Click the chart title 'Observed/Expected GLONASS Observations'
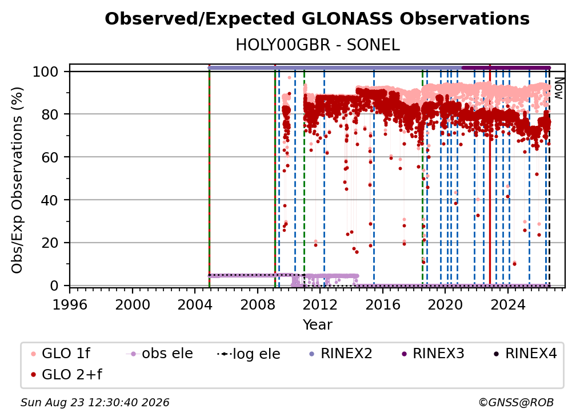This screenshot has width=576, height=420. [x=317, y=19]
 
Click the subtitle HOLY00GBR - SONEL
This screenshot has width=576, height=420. [x=317, y=45]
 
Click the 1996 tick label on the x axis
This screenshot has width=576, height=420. [x=70, y=305]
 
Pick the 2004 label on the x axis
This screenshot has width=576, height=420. [x=195, y=305]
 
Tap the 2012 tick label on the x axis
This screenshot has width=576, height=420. [x=320, y=305]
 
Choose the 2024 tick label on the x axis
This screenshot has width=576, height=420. [x=507, y=305]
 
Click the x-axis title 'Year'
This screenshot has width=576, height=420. [x=317, y=325]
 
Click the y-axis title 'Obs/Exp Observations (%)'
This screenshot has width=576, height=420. [x=17, y=180]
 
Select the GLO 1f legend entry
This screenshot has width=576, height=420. [x=61, y=354]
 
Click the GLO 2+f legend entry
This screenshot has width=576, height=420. [x=66, y=375]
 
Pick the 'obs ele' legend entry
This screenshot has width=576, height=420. [x=159, y=354]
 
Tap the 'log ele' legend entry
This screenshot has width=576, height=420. [x=249, y=354]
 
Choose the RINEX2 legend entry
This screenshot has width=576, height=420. [x=341, y=354]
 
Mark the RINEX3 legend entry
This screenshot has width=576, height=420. [x=433, y=354]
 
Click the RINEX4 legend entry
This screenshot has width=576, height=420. [x=525, y=354]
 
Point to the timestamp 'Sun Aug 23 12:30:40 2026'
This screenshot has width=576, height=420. [x=95, y=403]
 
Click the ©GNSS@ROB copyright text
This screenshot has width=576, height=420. [x=516, y=403]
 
